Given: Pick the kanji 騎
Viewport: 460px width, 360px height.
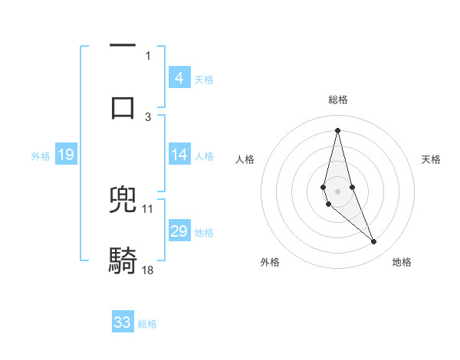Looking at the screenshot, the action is (x=123, y=260).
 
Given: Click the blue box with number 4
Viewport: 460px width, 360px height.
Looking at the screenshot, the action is (x=179, y=78).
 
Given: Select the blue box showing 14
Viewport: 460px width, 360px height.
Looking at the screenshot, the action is (x=179, y=155).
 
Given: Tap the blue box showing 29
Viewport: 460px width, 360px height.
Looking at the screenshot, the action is (x=179, y=231).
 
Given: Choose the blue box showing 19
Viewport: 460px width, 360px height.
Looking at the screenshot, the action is (x=65, y=155).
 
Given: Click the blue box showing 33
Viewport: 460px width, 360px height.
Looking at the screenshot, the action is (x=123, y=322).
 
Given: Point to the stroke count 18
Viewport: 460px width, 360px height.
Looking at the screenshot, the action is (x=149, y=270).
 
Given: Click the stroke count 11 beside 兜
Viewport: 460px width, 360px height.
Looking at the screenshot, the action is (x=148, y=208).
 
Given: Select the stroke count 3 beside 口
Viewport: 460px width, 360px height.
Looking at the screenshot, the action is (x=148, y=116).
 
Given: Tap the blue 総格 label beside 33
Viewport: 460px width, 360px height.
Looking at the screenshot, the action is (x=147, y=324).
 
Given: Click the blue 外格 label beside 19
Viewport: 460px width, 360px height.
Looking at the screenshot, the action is (x=41, y=156).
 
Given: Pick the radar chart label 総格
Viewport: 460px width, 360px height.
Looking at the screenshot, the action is (x=337, y=100).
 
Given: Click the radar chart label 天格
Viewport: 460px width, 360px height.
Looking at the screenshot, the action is (x=432, y=159).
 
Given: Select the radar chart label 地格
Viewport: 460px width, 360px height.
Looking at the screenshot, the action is (x=402, y=263).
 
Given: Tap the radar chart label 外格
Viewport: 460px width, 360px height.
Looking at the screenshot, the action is (x=270, y=263).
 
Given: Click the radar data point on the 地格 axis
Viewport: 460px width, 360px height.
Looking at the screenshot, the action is (x=373, y=241).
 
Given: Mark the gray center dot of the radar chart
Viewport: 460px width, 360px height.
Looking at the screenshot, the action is (x=337, y=191).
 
